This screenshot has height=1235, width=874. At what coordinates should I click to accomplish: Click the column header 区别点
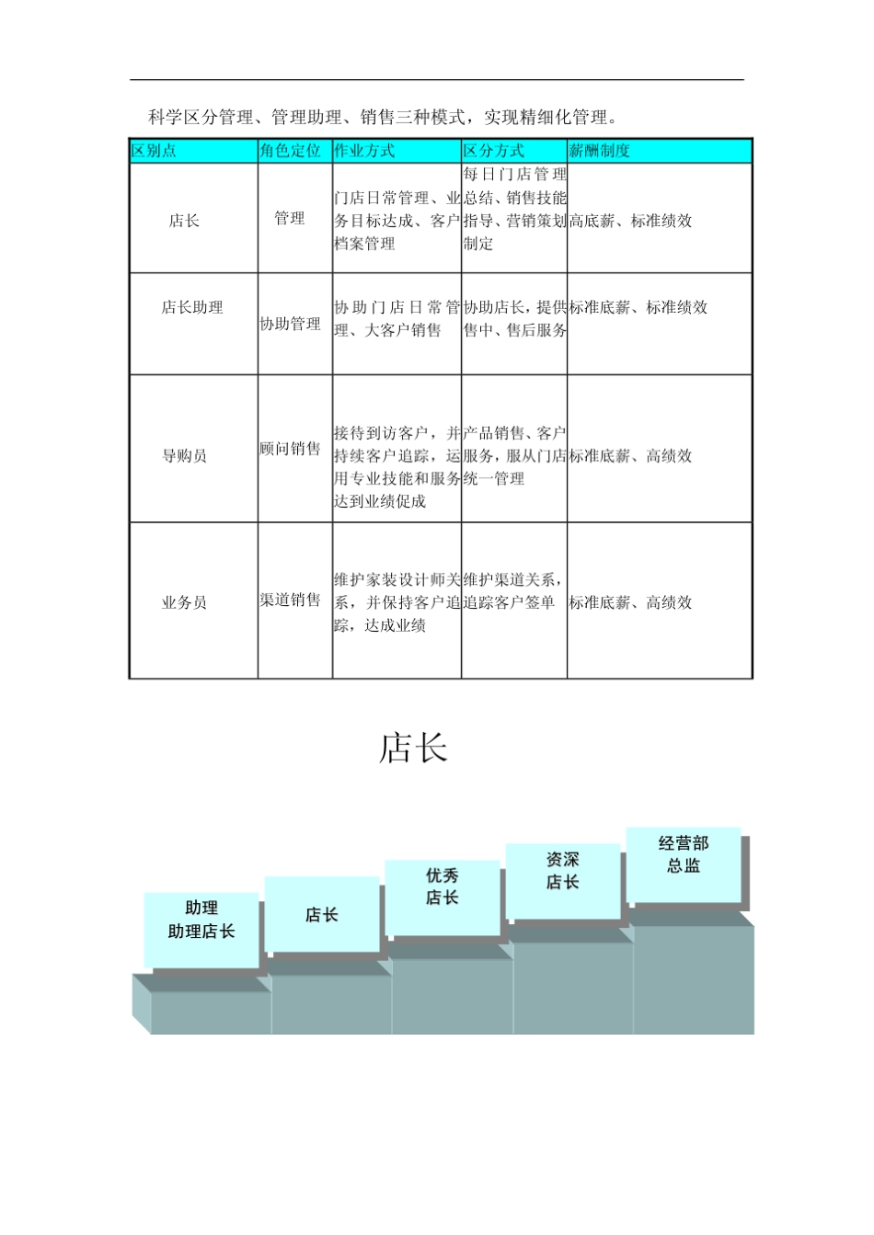pyautogui.click(x=154, y=151)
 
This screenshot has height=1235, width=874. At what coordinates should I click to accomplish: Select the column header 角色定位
pyautogui.click(x=290, y=151)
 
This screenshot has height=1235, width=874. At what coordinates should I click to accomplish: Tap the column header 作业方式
pyautogui.click(x=364, y=151)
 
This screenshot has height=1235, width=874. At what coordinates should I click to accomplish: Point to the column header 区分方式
pyautogui.click(x=494, y=151)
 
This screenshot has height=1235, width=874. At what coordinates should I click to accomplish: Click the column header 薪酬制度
pyautogui.click(x=600, y=151)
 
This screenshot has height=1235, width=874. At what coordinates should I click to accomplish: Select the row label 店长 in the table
pyautogui.click(x=184, y=221)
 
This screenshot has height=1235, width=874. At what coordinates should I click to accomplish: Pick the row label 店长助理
pyautogui.click(x=192, y=307)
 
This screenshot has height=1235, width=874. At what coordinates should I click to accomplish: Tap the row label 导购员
pyautogui.click(x=184, y=456)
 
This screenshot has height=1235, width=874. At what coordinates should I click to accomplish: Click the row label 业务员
pyautogui.click(x=184, y=603)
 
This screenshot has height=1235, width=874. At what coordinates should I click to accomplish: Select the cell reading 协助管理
pyautogui.click(x=290, y=324)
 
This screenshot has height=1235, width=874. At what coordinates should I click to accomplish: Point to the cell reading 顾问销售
pyautogui.click(x=290, y=449)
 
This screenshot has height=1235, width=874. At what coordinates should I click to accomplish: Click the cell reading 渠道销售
pyautogui.click(x=290, y=600)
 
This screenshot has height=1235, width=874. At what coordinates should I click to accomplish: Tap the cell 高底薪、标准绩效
pyautogui.click(x=631, y=221)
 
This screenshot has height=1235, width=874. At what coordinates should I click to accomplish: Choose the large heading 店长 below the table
pyautogui.click(x=413, y=749)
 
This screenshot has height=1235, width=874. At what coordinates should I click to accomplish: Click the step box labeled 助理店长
pyautogui.click(x=201, y=921)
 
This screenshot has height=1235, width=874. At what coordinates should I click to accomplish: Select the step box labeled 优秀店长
pyautogui.click(x=443, y=887)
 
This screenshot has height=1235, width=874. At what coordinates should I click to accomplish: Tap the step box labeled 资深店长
pyautogui.click(x=563, y=871)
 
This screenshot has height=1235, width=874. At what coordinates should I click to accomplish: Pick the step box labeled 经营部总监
pyautogui.click(x=684, y=854)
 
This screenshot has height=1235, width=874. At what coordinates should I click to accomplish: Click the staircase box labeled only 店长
pyautogui.click(x=322, y=915)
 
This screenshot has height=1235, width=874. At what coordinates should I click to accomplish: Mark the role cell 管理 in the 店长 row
pyautogui.click(x=290, y=218)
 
